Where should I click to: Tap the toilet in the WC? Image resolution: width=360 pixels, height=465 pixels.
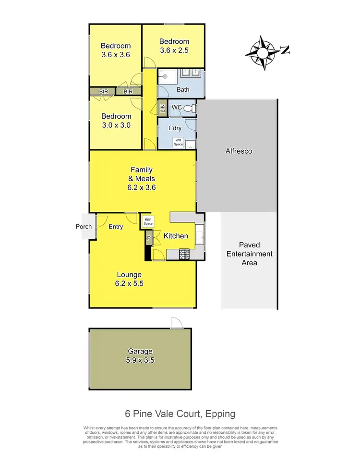(x=192, y=108)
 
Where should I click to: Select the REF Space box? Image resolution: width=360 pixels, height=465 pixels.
(x=148, y=221)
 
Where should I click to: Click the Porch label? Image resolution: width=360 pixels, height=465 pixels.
(x=84, y=227)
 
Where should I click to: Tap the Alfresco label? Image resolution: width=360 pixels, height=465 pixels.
(x=239, y=151)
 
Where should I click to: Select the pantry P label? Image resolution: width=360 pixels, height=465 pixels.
(x=149, y=238)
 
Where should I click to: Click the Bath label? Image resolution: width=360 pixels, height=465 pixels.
(x=182, y=89)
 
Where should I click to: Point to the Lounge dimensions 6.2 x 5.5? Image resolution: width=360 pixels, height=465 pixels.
(x=129, y=283)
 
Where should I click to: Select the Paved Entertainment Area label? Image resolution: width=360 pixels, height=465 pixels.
(x=249, y=254)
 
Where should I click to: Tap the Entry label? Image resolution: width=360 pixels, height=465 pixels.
(x=116, y=227)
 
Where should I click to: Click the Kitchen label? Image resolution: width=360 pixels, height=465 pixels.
(x=176, y=236)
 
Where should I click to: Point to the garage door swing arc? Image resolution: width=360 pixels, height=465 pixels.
(x=176, y=322)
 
